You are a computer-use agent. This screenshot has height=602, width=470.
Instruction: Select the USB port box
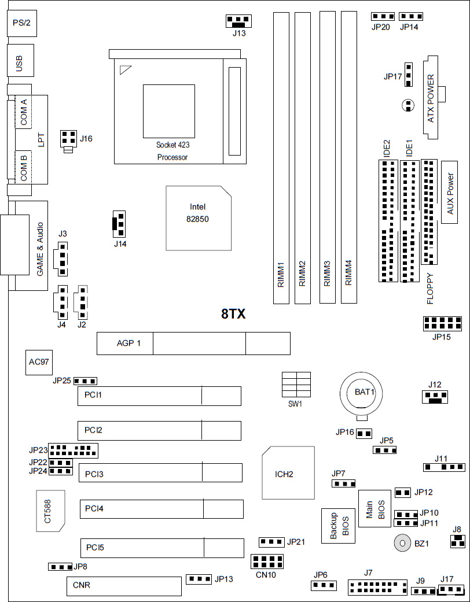click(x=20, y=62)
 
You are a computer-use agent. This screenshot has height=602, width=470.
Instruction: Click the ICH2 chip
click(x=287, y=473)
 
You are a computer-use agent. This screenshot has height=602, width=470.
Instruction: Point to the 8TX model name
click(x=233, y=315)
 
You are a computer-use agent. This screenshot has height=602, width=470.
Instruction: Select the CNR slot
click(x=124, y=586)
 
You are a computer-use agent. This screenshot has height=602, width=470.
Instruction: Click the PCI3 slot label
click(x=94, y=474)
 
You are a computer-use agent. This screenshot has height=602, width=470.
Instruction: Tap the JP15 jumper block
click(x=442, y=323)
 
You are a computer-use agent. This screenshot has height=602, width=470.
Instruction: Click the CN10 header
click(x=267, y=561)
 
